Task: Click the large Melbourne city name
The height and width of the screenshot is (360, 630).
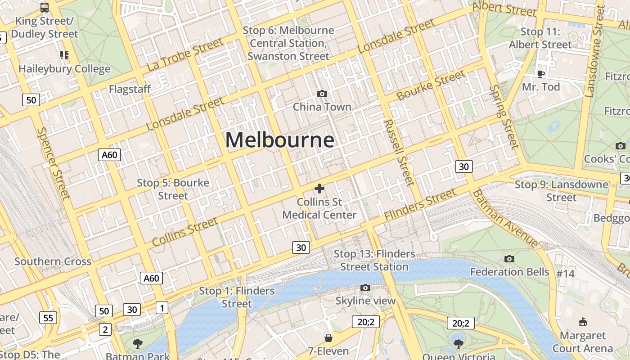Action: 279,140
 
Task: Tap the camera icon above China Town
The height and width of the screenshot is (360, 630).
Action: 322,94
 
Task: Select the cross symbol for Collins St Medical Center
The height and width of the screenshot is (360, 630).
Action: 319,188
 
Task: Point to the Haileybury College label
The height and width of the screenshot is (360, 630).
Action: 64,69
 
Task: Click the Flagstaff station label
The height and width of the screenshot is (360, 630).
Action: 130,89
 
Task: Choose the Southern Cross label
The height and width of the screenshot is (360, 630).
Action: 53,261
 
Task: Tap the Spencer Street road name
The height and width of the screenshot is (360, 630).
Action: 54,163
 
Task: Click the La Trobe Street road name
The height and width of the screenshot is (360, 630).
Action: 185,54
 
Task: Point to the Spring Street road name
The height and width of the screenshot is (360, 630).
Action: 504,117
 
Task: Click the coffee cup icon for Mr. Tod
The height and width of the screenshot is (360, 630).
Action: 541,73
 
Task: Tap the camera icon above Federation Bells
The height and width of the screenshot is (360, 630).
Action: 509,259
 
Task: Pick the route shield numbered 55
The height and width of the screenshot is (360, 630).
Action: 48,318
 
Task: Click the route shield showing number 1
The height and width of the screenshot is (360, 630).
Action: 162,308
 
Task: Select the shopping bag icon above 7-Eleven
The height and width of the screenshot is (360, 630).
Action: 328,338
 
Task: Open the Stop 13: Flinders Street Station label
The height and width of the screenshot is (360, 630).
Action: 374,260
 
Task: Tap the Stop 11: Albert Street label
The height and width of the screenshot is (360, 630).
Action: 540,38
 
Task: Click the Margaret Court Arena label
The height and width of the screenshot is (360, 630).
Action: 583,342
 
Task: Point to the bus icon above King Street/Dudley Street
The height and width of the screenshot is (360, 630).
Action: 45,8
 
